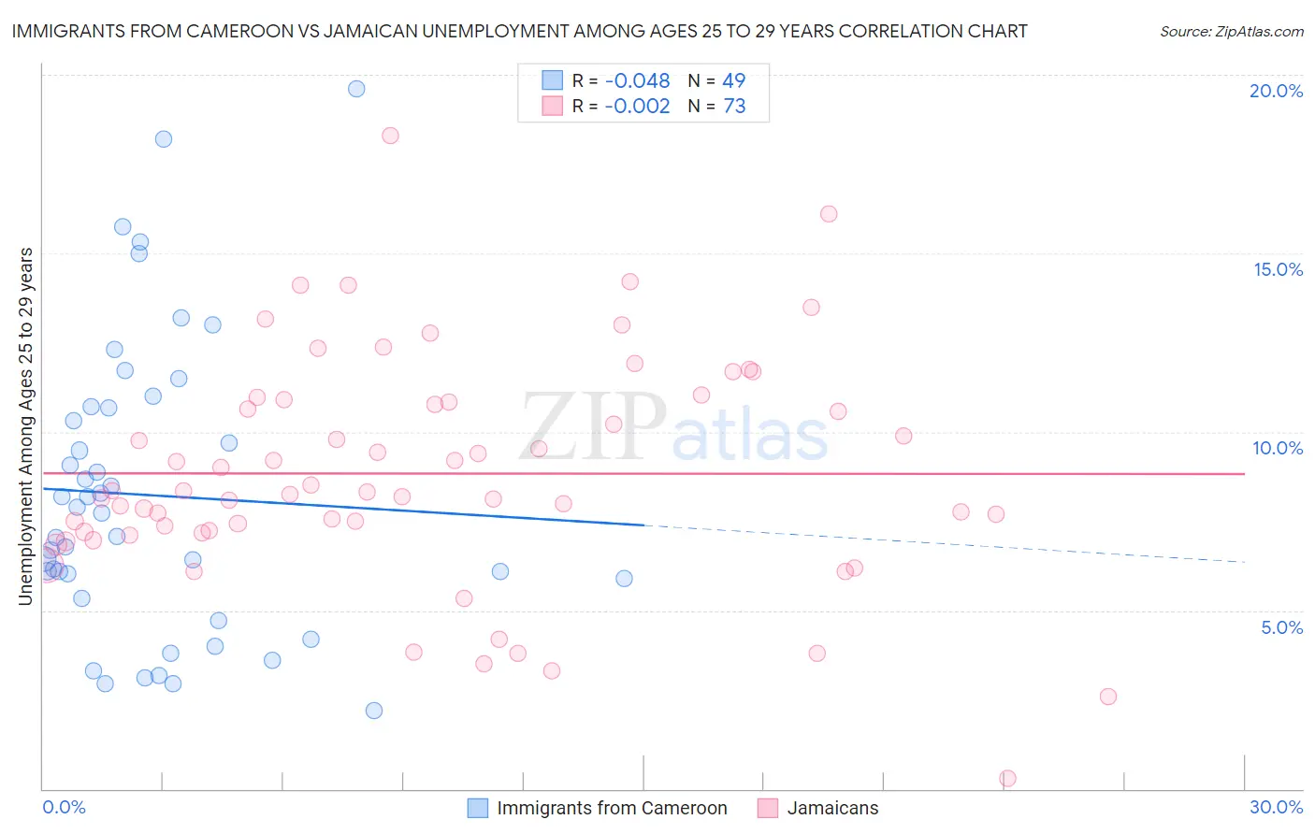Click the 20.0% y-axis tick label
tap(1276, 91)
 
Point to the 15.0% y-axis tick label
tap(1278, 269)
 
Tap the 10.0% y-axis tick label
tap(1278, 448)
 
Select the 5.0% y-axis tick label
tap(1281, 627)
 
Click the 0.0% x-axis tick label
tap(64, 807)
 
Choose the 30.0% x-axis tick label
tap(1276, 807)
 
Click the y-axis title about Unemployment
tap(25, 426)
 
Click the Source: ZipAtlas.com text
tap(1231, 31)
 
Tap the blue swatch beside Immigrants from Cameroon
tap(478, 808)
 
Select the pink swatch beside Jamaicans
tap(768, 808)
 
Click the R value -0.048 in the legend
tap(637, 81)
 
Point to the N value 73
tap(734, 107)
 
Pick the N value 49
tap(734, 81)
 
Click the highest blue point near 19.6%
tap(356, 89)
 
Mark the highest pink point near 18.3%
tap(390, 136)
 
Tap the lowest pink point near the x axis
tap(1007, 778)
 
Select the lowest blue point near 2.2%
tap(374, 711)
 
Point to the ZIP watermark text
tap(592, 427)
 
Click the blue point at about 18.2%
tap(164, 139)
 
